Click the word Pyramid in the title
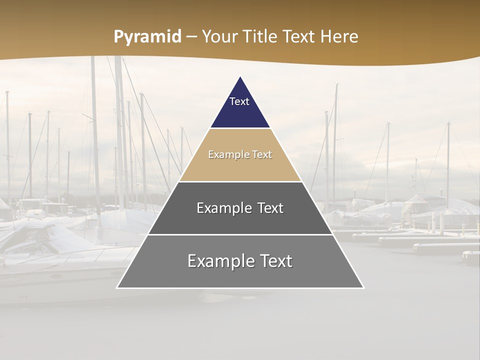click(x=147, y=37)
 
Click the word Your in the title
click(x=220, y=37)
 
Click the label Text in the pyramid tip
click(x=239, y=101)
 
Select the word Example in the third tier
click(x=221, y=208)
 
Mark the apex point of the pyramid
click(x=240, y=76)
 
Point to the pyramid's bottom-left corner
click(x=117, y=287)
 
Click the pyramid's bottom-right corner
click(x=363, y=287)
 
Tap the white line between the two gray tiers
click(x=240, y=234)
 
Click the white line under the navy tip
click(x=240, y=128)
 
